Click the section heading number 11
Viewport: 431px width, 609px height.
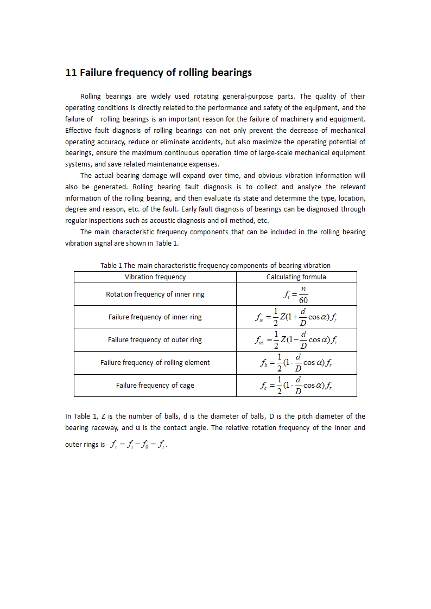(71, 73)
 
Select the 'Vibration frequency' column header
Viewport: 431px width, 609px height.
(155, 277)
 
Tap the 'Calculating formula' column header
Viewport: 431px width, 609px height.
(296, 277)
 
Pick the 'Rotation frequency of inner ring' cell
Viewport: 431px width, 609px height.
(155, 294)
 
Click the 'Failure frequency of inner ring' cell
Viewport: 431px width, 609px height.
(155, 317)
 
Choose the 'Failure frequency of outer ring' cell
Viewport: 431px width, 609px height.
(155, 340)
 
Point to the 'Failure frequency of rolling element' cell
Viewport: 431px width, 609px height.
(155, 363)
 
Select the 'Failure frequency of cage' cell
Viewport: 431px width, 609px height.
(155, 386)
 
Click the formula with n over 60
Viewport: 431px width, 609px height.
(296, 295)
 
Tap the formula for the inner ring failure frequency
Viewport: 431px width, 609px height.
(297, 318)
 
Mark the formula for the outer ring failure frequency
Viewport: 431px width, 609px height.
(297, 341)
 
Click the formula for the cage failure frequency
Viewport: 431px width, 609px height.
(296, 386)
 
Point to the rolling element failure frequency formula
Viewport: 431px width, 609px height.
(296, 363)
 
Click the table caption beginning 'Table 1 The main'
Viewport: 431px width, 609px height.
(215, 266)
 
